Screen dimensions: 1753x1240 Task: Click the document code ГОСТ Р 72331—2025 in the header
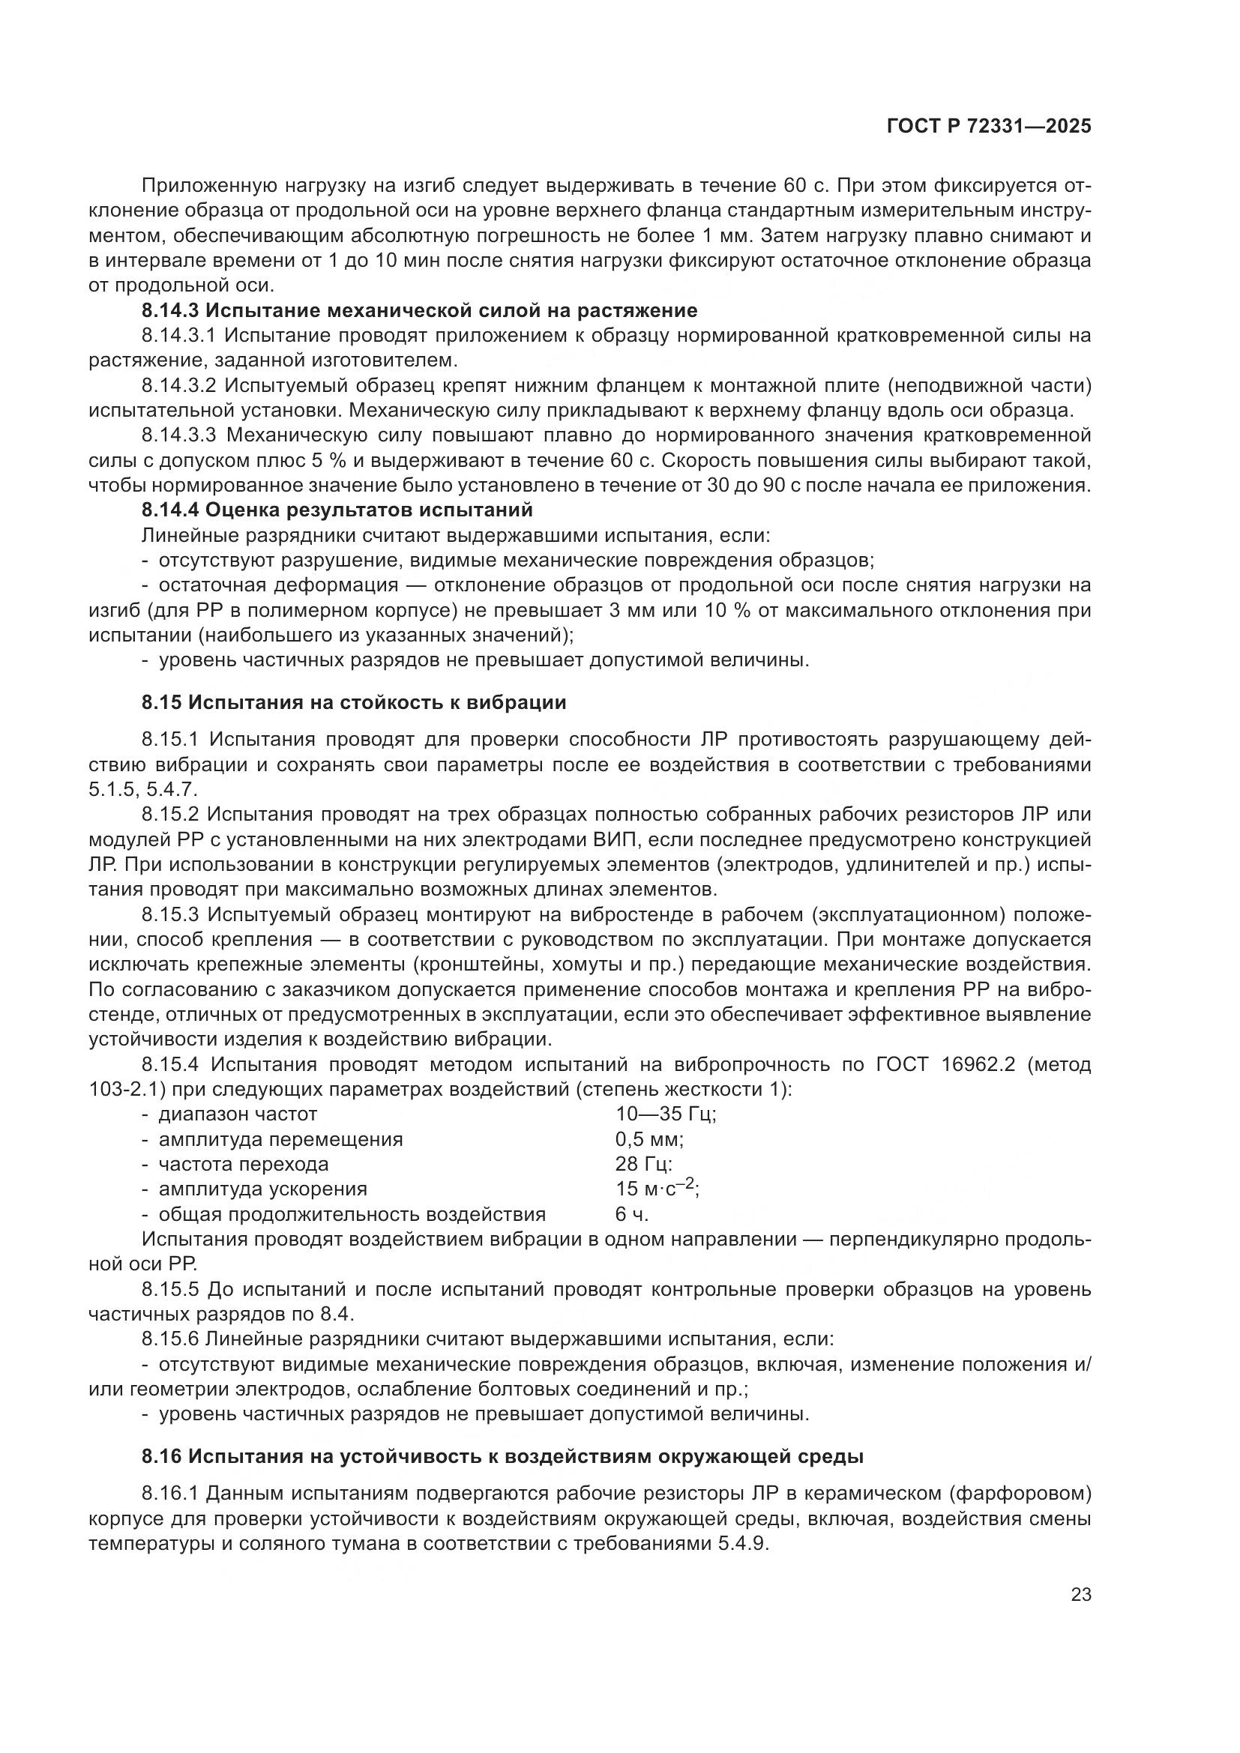[x=989, y=127]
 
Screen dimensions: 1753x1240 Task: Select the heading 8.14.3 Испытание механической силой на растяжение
[x=419, y=311]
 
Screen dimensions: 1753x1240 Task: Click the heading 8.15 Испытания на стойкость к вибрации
[x=354, y=702]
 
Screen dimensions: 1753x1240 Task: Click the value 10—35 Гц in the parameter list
[x=666, y=1114]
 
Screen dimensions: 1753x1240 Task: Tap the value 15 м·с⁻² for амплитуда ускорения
[x=657, y=1189]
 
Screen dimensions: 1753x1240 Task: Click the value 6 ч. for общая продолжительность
[x=631, y=1214]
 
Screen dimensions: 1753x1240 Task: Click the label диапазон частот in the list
[x=238, y=1114]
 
